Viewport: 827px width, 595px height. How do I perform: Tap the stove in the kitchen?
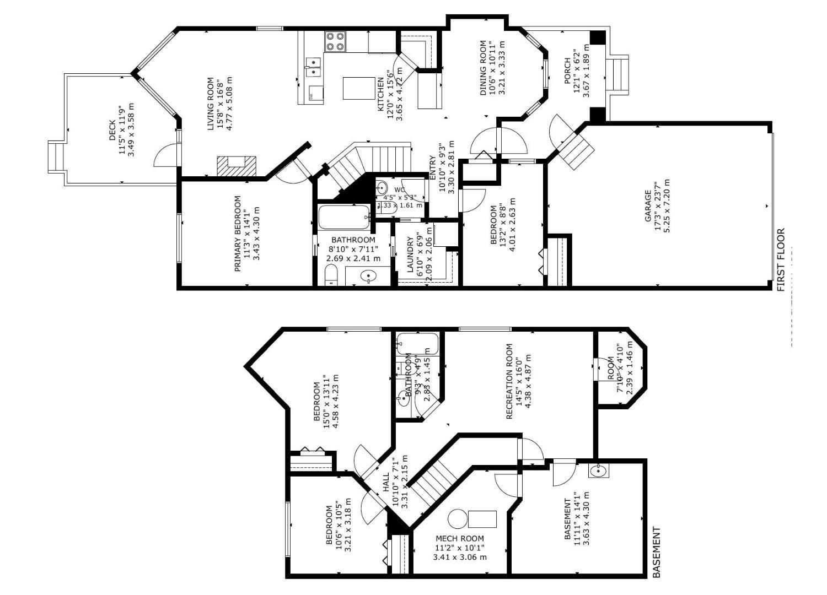point(335,41)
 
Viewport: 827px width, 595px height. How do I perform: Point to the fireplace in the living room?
point(237,165)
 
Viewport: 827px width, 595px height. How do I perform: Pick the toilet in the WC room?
point(383,187)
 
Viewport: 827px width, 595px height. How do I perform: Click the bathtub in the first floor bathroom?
point(345,217)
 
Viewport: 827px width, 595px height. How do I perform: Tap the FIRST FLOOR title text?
point(781,260)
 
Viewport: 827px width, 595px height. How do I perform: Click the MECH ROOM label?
point(460,538)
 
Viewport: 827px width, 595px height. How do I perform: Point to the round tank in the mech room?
point(457,518)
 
